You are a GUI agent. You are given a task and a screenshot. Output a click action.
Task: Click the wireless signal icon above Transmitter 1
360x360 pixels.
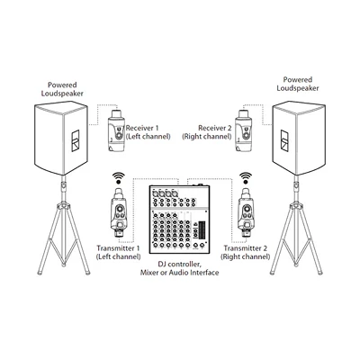coord(119,177)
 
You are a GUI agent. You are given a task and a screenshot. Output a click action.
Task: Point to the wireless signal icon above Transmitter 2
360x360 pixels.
coord(247,177)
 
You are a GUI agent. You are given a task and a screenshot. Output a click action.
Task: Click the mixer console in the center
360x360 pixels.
coord(179,218)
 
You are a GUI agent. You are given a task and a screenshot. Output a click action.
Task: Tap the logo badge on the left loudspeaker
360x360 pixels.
coord(75,141)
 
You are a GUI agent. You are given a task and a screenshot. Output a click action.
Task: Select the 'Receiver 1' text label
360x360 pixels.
coord(142,128)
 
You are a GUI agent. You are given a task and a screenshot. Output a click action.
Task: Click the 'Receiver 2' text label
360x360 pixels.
coord(215,128)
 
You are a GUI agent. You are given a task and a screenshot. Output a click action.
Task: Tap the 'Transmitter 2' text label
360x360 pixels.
coord(246,248)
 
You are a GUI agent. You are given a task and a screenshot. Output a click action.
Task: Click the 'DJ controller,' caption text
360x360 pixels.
coord(179,265)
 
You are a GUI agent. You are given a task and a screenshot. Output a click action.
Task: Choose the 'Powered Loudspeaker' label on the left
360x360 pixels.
coord(62,89)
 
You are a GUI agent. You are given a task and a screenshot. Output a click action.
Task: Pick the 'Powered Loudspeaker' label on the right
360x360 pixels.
coord(298,84)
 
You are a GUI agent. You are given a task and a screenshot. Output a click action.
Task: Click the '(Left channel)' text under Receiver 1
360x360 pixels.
coord(148,137)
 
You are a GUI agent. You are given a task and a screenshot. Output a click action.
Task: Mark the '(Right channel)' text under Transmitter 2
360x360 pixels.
coord(246,256)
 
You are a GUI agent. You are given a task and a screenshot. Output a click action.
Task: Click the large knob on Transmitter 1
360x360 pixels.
coord(121,208)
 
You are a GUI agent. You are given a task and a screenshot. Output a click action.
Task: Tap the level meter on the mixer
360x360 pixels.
coord(200,229)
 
